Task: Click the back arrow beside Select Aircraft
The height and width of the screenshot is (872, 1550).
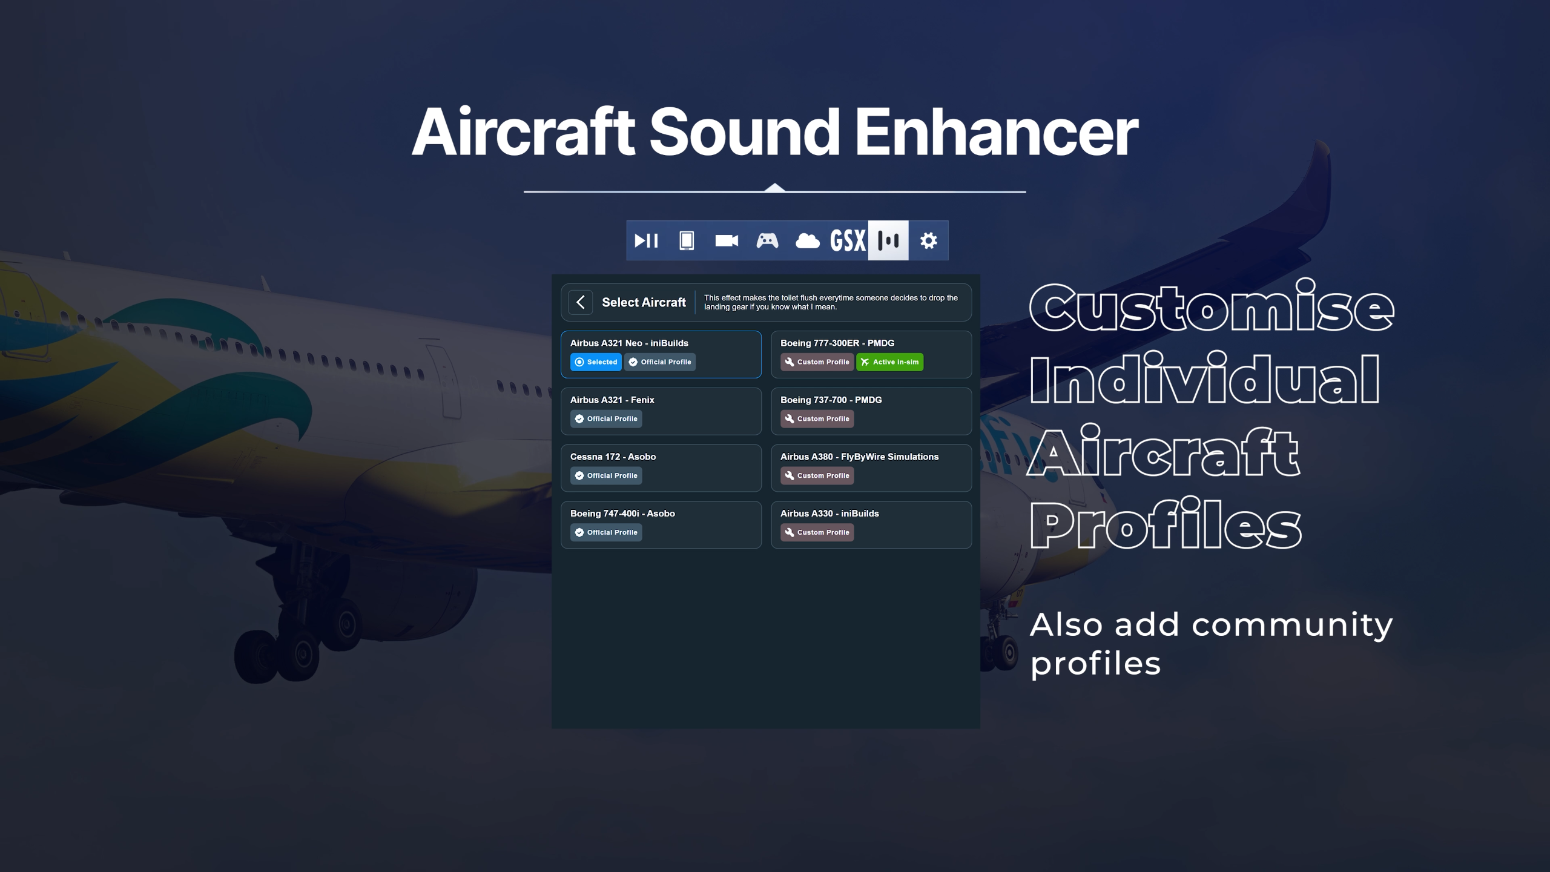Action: pos(580,302)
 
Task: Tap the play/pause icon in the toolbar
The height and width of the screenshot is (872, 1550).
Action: pos(646,240)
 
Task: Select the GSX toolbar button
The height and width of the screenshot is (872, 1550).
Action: pos(848,240)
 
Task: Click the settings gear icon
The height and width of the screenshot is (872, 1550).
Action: pos(928,240)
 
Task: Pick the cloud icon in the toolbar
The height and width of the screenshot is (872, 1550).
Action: pos(807,240)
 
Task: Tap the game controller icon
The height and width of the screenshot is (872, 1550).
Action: pos(767,240)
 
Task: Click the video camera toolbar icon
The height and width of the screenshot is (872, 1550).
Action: pos(727,240)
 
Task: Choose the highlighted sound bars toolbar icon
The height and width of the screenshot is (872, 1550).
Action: pos(888,240)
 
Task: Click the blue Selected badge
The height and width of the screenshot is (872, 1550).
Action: pos(596,362)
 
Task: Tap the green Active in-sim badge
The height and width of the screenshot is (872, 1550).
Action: pos(889,362)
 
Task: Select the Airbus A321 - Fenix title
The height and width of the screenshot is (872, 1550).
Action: pos(612,400)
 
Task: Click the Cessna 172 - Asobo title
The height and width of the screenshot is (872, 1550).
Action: pos(613,457)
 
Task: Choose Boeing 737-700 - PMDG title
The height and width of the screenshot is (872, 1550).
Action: pos(831,400)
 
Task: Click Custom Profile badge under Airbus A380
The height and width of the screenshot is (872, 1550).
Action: pos(817,475)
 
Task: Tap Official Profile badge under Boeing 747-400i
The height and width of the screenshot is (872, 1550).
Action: pos(606,532)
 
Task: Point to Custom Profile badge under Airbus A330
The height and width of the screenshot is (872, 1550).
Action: pos(817,532)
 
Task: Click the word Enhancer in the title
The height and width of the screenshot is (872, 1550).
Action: pos(996,131)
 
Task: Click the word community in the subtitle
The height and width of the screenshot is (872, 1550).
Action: pos(1292,626)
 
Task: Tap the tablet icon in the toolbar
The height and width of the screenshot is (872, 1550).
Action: pos(686,240)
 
